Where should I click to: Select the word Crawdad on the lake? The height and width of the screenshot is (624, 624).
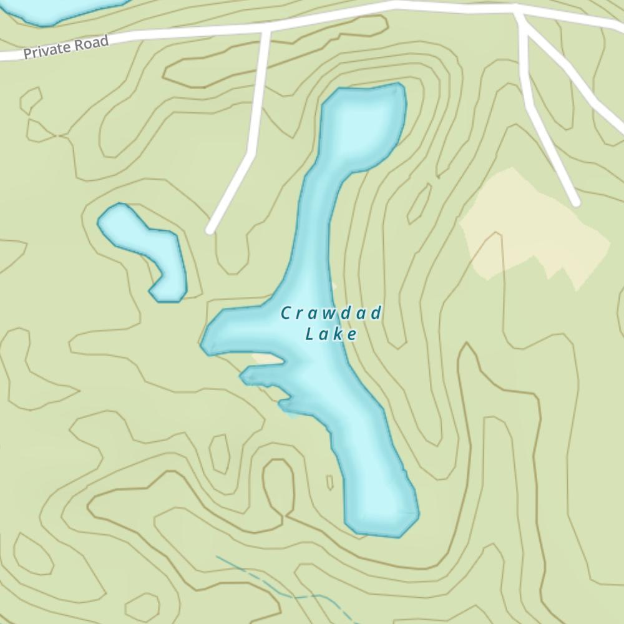coord(330,313)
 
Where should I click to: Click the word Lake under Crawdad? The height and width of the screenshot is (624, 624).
coord(331,335)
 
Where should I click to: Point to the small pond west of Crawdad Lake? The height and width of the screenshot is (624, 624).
coord(147,246)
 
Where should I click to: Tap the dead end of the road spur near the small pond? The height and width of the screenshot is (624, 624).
coord(210,231)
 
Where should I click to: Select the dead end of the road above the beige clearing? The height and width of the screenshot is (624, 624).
coord(576,202)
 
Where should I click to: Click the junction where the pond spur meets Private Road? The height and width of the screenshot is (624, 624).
coord(266,29)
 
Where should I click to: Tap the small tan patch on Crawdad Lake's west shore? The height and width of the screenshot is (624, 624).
coord(267,359)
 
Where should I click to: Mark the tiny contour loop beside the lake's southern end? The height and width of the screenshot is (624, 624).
coord(329,482)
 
